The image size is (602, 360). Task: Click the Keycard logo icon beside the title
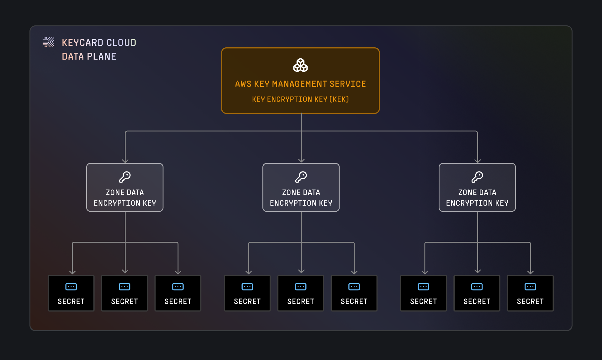(48, 42)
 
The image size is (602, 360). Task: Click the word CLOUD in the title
(121, 43)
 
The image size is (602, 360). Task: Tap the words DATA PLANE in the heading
(89, 56)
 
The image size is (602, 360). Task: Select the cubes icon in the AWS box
(300, 65)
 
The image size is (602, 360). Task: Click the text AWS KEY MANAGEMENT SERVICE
(300, 84)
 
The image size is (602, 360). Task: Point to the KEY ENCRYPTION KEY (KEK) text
(300, 99)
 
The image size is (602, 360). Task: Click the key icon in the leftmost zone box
(125, 177)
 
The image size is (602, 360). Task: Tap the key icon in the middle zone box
(301, 177)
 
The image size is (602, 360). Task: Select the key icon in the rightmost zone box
(477, 177)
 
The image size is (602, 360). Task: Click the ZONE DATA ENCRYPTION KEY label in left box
(125, 198)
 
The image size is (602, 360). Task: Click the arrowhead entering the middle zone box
(301, 161)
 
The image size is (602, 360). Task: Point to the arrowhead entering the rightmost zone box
(478, 161)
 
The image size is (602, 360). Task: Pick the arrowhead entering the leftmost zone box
(125, 161)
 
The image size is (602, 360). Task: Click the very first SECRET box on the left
(71, 293)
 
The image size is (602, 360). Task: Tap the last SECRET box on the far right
(530, 293)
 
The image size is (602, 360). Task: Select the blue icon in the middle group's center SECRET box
(301, 287)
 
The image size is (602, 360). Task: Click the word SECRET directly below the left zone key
(124, 302)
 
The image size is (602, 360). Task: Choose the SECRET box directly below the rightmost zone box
(477, 293)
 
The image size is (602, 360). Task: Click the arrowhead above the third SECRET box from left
(178, 272)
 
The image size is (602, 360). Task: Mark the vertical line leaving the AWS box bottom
(301, 122)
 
